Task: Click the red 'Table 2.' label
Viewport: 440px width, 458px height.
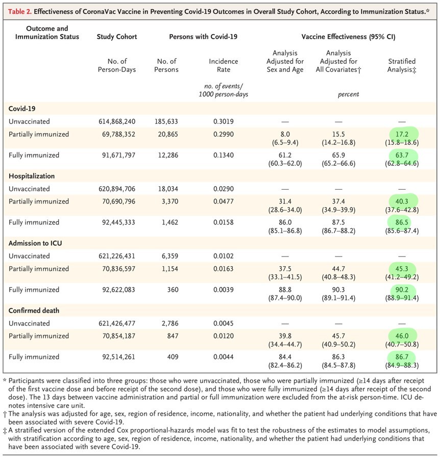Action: (x=20, y=12)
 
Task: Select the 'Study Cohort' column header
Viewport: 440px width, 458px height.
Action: (x=117, y=37)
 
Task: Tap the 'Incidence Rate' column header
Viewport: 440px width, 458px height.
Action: (x=224, y=65)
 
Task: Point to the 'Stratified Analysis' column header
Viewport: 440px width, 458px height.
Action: (x=402, y=65)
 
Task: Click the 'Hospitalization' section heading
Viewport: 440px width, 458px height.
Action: (x=32, y=176)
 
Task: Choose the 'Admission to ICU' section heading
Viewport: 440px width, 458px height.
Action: (x=35, y=243)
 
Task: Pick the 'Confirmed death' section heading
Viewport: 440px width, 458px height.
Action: (x=34, y=311)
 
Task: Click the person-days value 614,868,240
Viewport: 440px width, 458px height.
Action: (x=117, y=121)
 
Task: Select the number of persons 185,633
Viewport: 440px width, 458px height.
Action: (x=166, y=121)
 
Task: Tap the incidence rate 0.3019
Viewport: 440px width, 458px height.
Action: (x=224, y=121)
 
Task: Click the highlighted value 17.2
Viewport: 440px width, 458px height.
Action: (x=402, y=134)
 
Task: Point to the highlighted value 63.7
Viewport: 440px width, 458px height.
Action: (x=402, y=155)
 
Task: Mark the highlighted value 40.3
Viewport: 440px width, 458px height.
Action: (x=402, y=201)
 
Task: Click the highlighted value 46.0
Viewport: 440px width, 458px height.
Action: (x=402, y=336)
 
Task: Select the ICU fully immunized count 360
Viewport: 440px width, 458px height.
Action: (x=173, y=290)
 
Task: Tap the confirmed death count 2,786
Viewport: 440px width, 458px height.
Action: (x=170, y=323)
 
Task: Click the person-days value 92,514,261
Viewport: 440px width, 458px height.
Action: (x=119, y=357)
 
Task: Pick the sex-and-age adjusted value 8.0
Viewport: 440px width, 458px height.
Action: (x=285, y=134)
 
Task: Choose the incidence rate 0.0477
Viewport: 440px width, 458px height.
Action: (x=224, y=201)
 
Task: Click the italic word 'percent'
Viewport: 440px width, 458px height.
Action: (x=348, y=94)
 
